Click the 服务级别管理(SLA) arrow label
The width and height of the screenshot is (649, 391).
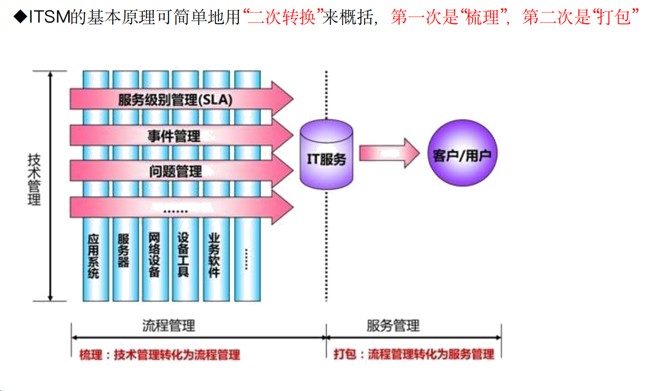[175, 100]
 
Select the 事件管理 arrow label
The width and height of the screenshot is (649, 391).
[174, 136]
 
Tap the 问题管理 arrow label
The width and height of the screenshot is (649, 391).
[175, 171]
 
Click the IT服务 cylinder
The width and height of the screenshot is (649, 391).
[326, 155]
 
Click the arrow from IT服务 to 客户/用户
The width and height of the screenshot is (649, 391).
[390, 153]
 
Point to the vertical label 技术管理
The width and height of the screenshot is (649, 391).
[34, 179]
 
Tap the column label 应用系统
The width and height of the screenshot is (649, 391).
[94, 255]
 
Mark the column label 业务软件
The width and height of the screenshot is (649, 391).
[214, 255]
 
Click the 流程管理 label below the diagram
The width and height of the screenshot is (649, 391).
[169, 325]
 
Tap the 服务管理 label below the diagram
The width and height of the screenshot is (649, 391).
[393, 325]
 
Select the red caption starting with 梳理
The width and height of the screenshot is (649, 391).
[159, 355]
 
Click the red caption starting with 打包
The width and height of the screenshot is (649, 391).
[414, 354]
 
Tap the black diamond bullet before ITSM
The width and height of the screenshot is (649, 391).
[19, 18]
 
